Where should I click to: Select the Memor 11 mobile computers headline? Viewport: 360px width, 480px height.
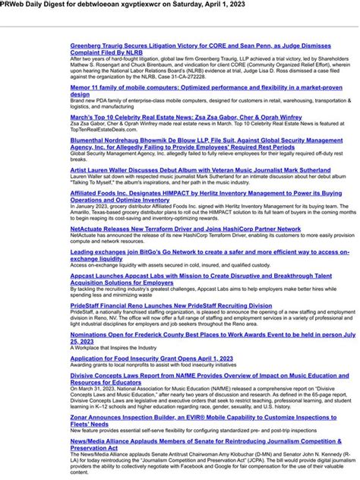coord(206,87)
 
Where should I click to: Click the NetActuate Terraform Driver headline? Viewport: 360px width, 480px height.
coord(185,228)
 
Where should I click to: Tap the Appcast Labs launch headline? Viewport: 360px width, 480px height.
coord(201,276)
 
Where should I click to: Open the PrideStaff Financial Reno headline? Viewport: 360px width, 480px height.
coord(171,305)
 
